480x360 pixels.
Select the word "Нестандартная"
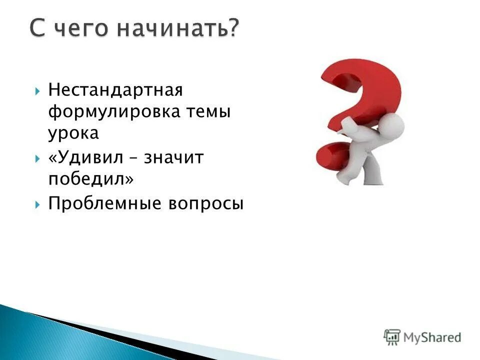[116, 91]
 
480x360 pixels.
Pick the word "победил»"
[91, 179]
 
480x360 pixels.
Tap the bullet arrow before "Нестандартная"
[38, 91]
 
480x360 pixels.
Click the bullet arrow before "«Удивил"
[38, 158]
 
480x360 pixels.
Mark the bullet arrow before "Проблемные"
[38, 203]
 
